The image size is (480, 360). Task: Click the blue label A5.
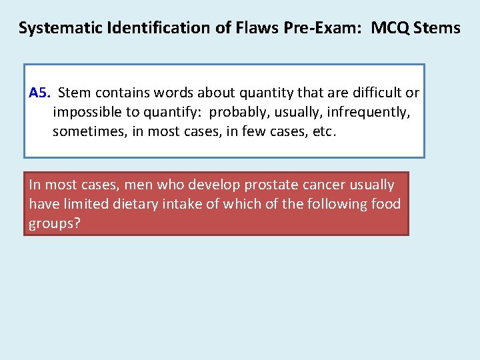40,93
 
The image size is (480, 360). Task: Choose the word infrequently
368,112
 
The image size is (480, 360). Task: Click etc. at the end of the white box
325,131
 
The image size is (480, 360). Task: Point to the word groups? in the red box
54,223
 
